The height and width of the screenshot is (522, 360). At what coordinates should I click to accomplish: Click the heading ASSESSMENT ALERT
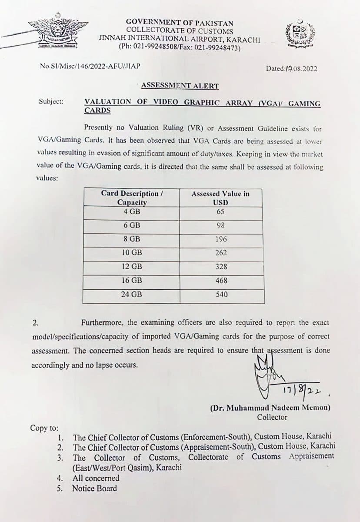point(180,86)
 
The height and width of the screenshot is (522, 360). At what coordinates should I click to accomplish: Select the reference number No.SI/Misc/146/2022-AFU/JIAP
point(90,66)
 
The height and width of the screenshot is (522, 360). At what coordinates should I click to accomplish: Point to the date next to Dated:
point(301,68)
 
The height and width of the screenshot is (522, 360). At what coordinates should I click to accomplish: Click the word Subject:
point(51,101)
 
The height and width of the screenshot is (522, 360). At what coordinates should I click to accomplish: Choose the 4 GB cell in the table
point(131,212)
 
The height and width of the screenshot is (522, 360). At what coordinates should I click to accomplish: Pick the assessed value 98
point(220,225)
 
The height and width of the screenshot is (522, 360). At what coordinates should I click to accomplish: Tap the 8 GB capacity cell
point(131,239)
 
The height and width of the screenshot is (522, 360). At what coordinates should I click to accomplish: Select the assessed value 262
point(220,253)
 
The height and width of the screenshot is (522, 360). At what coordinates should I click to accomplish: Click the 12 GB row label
point(131,267)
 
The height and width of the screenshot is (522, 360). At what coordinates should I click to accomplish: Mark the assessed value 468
point(220,281)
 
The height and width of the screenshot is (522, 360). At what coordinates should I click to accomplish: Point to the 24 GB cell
point(131,294)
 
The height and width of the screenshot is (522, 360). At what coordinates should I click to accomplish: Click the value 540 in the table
point(220,294)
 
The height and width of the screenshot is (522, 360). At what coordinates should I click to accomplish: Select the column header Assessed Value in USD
point(220,198)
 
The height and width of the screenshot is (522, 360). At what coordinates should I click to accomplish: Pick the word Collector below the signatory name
point(272,417)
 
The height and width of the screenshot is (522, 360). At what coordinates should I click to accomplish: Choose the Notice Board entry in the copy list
point(94,488)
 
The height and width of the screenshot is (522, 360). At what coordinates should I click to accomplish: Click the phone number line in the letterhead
point(180,47)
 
